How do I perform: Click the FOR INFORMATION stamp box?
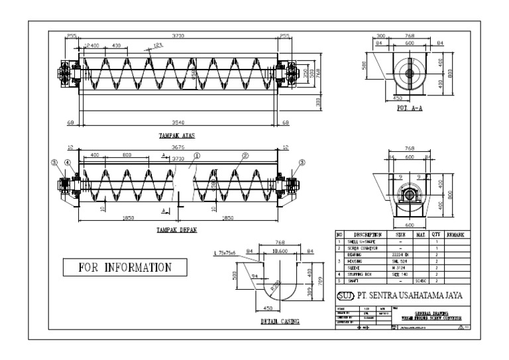tap(125, 268)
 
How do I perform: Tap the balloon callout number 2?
tap(245, 157)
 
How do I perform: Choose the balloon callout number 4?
tap(69, 164)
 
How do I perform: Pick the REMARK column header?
tap(457, 235)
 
